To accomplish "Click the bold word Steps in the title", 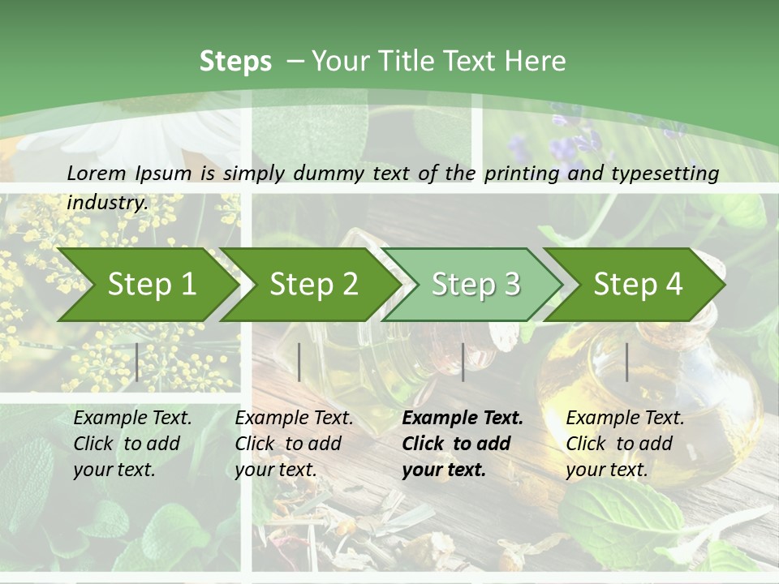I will point(235,62).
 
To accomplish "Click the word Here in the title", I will point(535,62).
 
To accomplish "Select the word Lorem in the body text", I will point(97,173).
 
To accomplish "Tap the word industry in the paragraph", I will point(106,202).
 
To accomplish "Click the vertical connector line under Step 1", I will point(137,362).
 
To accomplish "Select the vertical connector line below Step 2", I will point(299,362).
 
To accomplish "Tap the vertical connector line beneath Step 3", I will point(463,362).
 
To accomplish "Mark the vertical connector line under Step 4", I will point(626,362).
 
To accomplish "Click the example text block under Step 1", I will point(132,444).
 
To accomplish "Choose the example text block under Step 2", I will point(294,444).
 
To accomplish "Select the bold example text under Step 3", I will point(463,444).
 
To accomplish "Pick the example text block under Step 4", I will point(625,444).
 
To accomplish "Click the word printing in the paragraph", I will point(520,173).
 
